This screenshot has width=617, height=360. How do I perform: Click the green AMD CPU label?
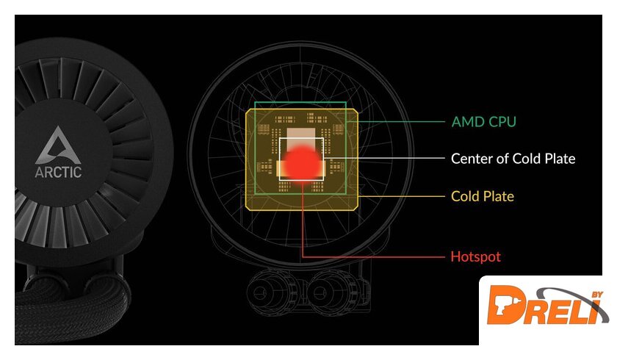[x=483, y=121]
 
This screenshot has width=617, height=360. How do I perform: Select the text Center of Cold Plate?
[x=513, y=159]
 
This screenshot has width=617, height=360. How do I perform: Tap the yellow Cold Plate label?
[x=483, y=196]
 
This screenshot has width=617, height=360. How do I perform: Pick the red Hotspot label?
[x=476, y=256]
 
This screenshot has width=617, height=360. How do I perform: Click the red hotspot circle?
[x=302, y=162]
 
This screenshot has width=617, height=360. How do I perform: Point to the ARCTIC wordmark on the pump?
[x=58, y=172]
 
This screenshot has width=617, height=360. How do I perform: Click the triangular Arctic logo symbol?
[x=58, y=145]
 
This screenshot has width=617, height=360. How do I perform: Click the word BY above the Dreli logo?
[x=597, y=295]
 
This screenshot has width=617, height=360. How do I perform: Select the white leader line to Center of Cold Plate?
[x=384, y=158]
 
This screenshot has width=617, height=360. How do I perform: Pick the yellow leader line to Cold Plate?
[x=401, y=196]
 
